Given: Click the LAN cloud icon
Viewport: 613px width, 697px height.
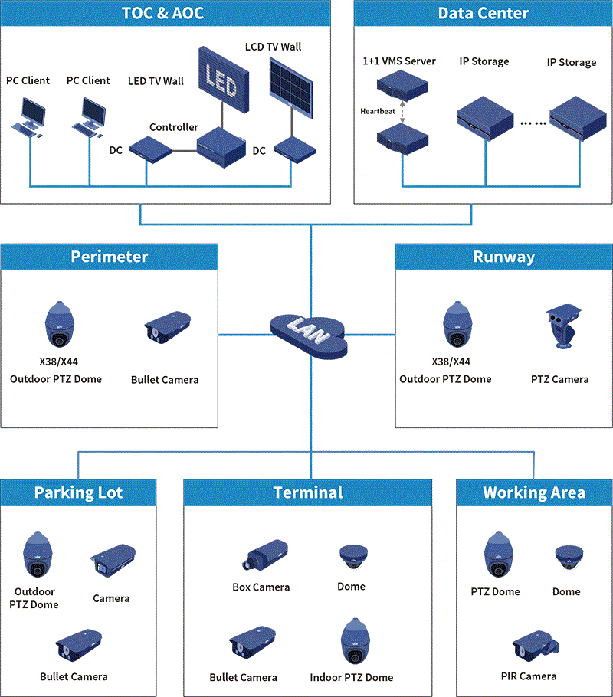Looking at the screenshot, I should pyautogui.click(x=310, y=335).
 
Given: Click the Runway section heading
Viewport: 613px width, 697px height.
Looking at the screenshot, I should pyautogui.click(x=503, y=257).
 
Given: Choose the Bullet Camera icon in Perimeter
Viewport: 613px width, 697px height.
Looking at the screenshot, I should pyautogui.click(x=167, y=328).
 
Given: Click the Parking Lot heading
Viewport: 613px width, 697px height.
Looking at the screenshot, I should pyautogui.click(x=78, y=492).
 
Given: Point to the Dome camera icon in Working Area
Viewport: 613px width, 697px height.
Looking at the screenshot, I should pyautogui.click(x=567, y=556).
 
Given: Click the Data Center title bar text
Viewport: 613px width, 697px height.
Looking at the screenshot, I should pyautogui.click(x=483, y=13).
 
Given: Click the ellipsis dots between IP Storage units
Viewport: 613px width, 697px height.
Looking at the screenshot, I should pyautogui.click(x=533, y=123).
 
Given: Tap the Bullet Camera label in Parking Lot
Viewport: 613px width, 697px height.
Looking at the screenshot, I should pyautogui.click(x=74, y=676).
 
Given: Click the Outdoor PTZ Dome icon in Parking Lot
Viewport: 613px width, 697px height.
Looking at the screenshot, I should pyautogui.click(x=35, y=555).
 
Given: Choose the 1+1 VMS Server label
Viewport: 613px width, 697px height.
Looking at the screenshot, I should pyautogui.click(x=399, y=61).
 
